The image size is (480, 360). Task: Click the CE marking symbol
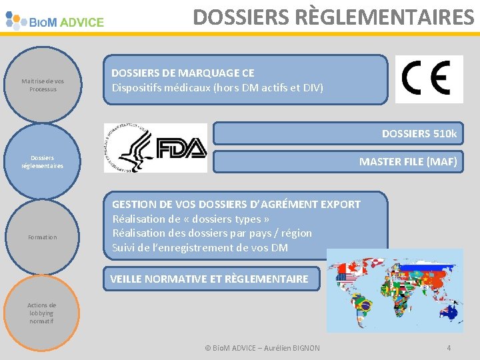(x=429, y=79)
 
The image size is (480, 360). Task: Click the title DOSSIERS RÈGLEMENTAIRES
(x=333, y=17)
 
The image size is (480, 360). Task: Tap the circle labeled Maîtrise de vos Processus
(x=43, y=85)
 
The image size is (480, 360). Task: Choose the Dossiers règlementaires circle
(x=43, y=162)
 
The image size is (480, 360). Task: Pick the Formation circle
(x=43, y=237)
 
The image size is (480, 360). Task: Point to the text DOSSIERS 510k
(x=419, y=134)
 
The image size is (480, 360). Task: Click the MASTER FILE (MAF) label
(x=408, y=161)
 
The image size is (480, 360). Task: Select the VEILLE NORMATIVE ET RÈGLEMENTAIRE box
(x=209, y=279)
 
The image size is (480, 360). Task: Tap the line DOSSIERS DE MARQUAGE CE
(x=183, y=73)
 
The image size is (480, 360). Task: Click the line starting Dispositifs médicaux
(x=217, y=87)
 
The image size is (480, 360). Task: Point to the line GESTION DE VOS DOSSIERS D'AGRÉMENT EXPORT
(x=236, y=205)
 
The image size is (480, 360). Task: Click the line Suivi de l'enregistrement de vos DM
(x=200, y=248)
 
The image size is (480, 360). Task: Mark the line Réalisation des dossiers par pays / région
(x=212, y=233)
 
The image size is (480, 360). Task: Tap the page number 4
(x=449, y=348)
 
